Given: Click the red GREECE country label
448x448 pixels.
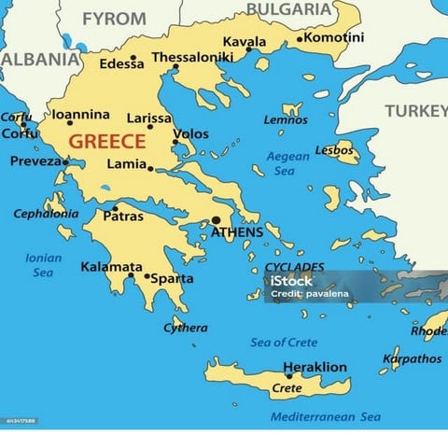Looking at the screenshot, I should [x=108, y=142].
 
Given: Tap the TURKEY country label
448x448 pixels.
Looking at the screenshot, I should [x=416, y=111].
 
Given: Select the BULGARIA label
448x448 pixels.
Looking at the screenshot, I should [x=288, y=9].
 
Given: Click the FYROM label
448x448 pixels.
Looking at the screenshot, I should [x=114, y=19].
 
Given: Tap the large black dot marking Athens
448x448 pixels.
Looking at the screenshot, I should [x=216, y=220].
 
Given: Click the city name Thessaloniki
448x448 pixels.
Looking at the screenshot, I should [x=191, y=57].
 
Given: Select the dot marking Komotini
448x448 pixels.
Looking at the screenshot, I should [x=300, y=39].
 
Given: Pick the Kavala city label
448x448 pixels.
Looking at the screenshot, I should [x=244, y=42].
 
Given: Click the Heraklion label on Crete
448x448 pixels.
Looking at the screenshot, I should [x=315, y=367].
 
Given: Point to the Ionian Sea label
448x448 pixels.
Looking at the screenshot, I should [x=44, y=265].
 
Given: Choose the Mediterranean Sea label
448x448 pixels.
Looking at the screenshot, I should [x=326, y=416].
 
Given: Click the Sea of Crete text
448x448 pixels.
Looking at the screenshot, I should [x=284, y=343].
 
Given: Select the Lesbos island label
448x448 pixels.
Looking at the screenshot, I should [x=334, y=150].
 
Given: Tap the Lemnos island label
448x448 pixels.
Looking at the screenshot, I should [x=285, y=119].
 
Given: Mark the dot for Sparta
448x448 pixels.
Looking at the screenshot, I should [x=147, y=276].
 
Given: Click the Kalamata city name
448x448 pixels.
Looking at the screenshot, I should [x=111, y=267].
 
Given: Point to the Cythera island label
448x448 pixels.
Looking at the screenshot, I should [x=186, y=328].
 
